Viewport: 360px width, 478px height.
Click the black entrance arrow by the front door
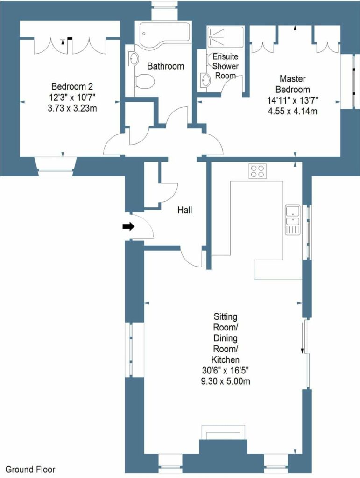[127, 227]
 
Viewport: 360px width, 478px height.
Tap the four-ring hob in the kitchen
[257, 171]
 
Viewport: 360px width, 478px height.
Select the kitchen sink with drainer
[292, 220]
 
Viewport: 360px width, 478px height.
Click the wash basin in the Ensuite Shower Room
[205, 80]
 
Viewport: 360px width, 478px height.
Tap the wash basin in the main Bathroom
[134, 59]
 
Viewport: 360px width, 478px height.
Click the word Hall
[184, 211]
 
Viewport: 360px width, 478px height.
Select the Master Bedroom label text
[292, 84]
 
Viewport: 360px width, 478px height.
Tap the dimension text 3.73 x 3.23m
[73, 108]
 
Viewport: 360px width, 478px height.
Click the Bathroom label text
[165, 66]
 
